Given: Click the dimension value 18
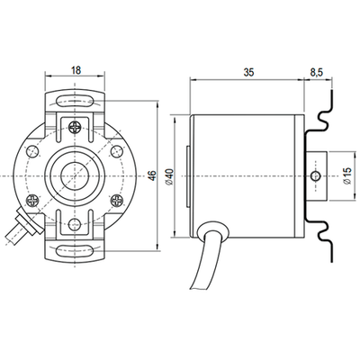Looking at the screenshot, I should coord(76,67).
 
